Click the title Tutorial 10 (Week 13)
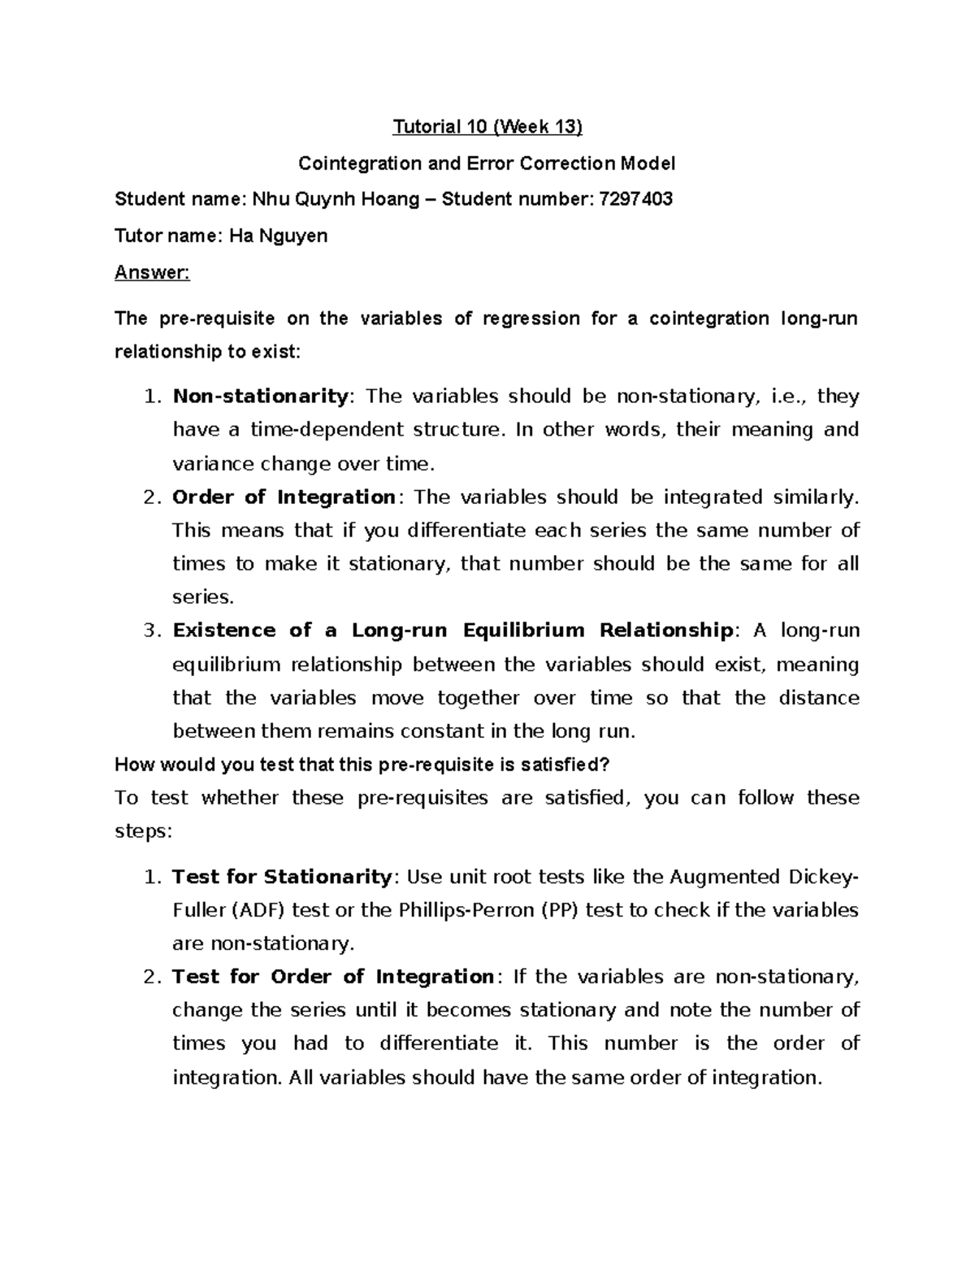point(487,127)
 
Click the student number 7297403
point(635,199)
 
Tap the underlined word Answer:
point(152,272)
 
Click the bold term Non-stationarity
point(260,396)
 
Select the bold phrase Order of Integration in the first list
point(284,497)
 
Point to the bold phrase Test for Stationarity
point(282,877)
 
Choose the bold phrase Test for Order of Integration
point(332,977)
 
